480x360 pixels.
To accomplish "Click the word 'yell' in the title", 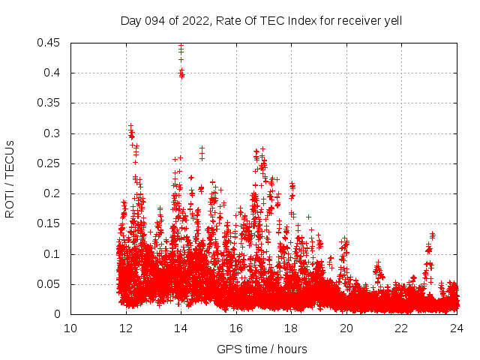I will click(392, 21).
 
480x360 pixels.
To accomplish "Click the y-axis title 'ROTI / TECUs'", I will click(10, 178).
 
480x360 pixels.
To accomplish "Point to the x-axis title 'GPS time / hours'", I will click(262, 349).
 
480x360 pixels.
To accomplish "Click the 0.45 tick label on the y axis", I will click(49, 43).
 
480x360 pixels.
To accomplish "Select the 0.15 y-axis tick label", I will click(49, 224).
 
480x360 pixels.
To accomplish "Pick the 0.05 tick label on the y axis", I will click(49, 284).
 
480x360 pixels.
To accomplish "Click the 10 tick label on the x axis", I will click(70, 328).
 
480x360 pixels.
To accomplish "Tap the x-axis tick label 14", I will click(181, 328).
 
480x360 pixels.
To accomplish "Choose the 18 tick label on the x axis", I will click(291, 328).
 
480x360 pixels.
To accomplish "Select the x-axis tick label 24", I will click(457, 328).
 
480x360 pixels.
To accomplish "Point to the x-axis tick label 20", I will click(346, 328).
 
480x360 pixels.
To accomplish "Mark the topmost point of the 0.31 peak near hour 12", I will click(130, 126).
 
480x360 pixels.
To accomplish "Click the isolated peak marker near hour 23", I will click(433, 234).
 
